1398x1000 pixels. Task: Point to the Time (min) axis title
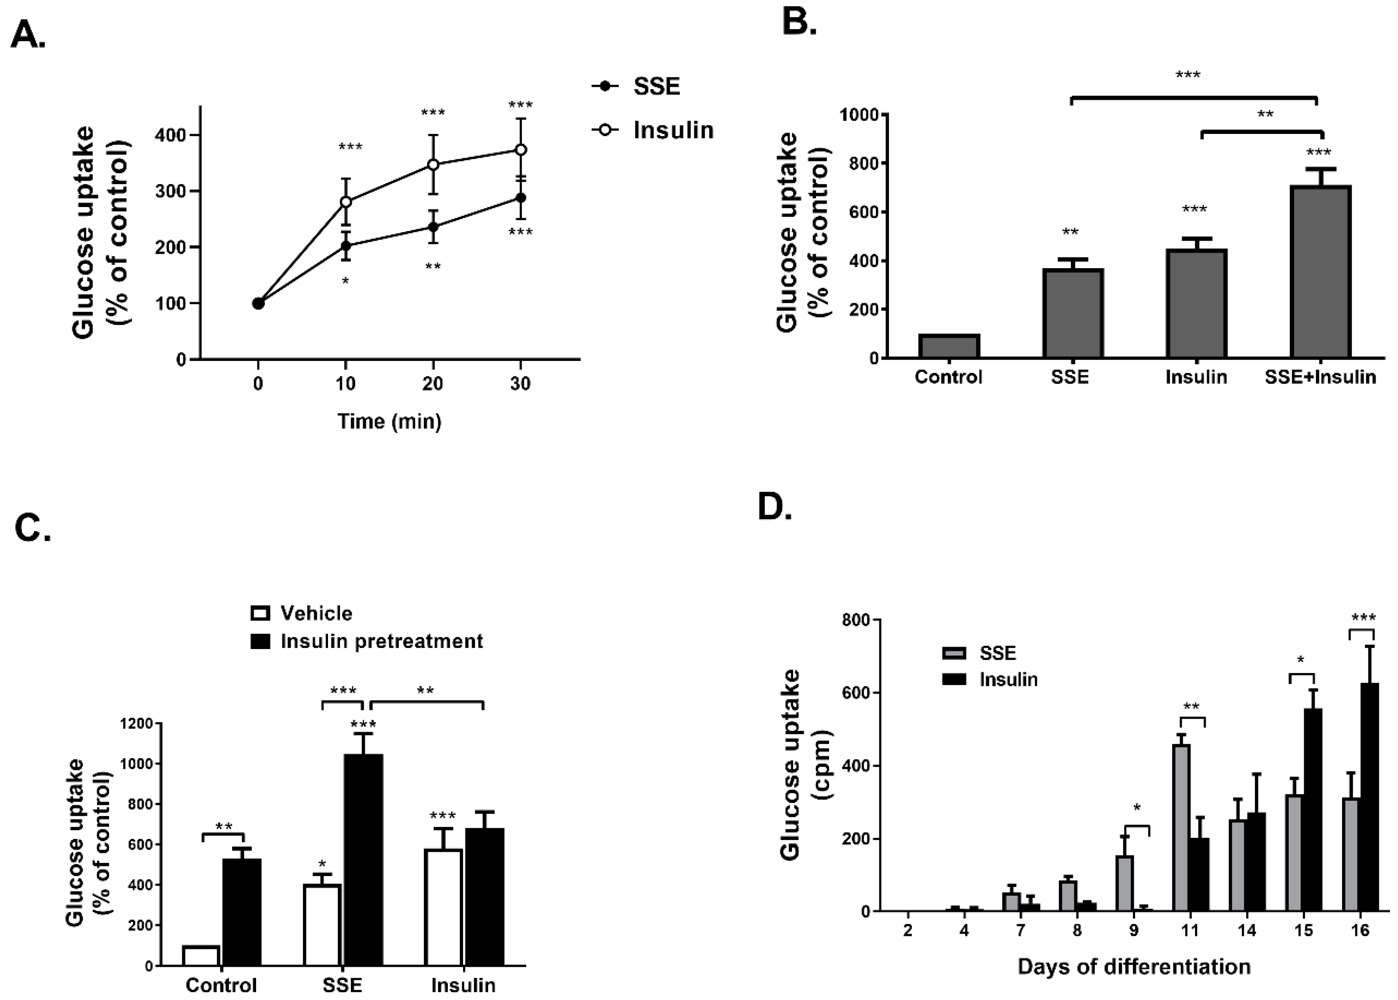click(x=389, y=421)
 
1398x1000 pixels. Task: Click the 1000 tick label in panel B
click(x=861, y=115)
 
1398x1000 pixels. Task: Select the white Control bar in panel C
click(x=201, y=956)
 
